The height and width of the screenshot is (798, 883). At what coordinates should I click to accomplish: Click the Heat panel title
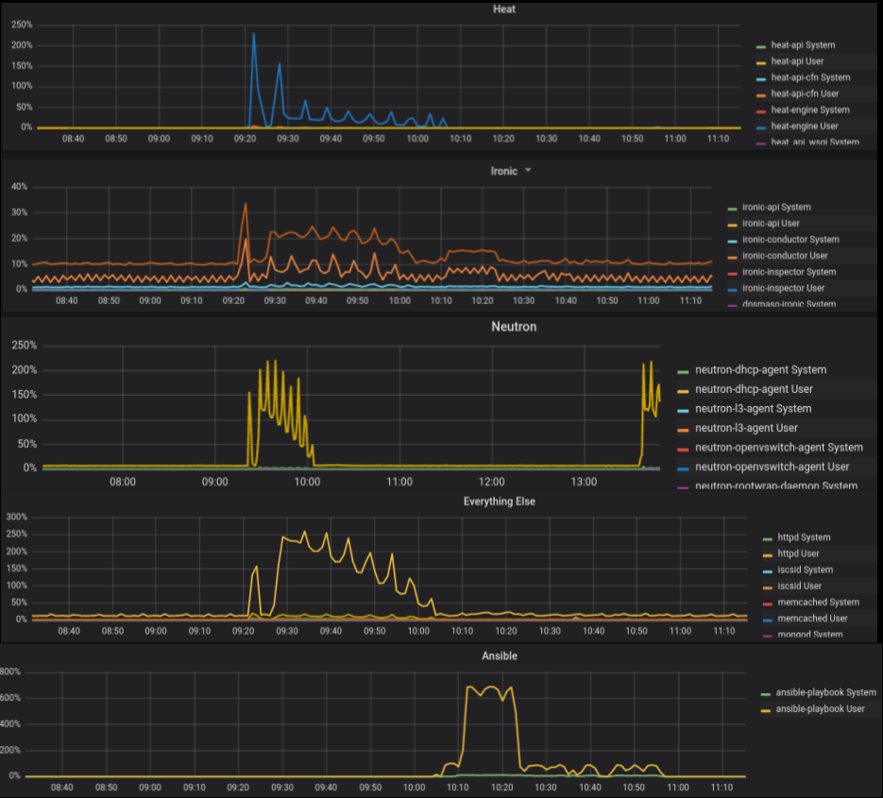[504, 9]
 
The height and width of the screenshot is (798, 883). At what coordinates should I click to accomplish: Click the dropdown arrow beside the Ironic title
[528, 171]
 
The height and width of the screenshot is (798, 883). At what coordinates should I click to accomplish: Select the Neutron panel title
[514, 327]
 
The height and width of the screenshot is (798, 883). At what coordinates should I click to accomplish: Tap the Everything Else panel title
[500, 501]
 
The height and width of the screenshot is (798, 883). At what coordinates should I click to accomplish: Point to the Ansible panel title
[500, 655]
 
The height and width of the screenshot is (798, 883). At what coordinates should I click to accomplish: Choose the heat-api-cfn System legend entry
[810, 77]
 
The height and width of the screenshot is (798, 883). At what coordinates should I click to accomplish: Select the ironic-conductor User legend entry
[785, 255]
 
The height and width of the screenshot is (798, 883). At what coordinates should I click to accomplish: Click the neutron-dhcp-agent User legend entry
[754, 389]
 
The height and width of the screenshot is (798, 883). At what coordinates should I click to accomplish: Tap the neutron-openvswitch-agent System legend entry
[778, 448]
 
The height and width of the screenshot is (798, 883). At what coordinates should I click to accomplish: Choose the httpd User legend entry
[797, 553]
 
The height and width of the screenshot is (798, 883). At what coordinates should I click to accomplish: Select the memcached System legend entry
[817, 602]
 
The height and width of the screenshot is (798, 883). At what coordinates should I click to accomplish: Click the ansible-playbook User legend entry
[820, 708]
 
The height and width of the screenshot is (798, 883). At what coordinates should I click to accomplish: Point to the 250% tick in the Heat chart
[21, 25]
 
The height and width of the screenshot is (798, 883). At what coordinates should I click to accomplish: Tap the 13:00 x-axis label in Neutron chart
[584, 482]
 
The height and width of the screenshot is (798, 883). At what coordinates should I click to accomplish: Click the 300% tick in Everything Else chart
[15, 518]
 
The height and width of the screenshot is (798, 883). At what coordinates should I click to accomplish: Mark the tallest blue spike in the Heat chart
[253, 34]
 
